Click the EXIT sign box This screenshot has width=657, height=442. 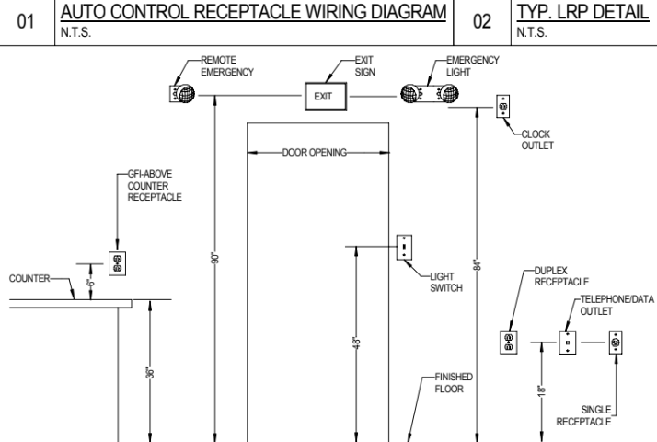click(328, 94)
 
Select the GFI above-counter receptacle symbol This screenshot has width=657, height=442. click(117, 263)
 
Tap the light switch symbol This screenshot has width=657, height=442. click(403, 248)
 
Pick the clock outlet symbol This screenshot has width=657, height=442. click(502, 107)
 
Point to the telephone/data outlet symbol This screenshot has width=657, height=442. click(568, 343)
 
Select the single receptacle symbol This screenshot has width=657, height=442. click(616, 343)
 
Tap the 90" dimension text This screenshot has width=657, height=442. click(213, 259)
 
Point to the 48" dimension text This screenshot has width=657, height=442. click(357, 343)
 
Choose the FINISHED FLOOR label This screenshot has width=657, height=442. click(454, 382)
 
